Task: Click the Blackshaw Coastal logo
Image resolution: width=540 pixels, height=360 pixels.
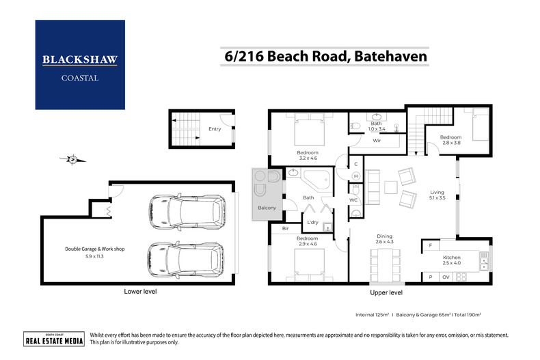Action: click(x=80, y=65)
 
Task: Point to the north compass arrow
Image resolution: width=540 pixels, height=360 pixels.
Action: click(x=72, y=160)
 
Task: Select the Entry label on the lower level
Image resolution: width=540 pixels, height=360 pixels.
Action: click(x=215, y=128)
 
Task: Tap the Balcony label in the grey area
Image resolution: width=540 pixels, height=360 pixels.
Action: click(x=266, y=207)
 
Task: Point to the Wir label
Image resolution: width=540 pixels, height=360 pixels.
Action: click(x=377, y=141)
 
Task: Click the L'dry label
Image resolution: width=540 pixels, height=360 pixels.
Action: click(x=313, y=223)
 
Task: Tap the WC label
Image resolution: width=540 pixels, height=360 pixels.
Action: click(x=353, y=200)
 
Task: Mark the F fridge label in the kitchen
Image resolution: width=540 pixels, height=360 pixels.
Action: click(x=430, y=245)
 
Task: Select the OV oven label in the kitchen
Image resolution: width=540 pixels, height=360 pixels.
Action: click(x=446, y=277)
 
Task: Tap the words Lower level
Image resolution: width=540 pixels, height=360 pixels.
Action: click(x=141, y=292)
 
